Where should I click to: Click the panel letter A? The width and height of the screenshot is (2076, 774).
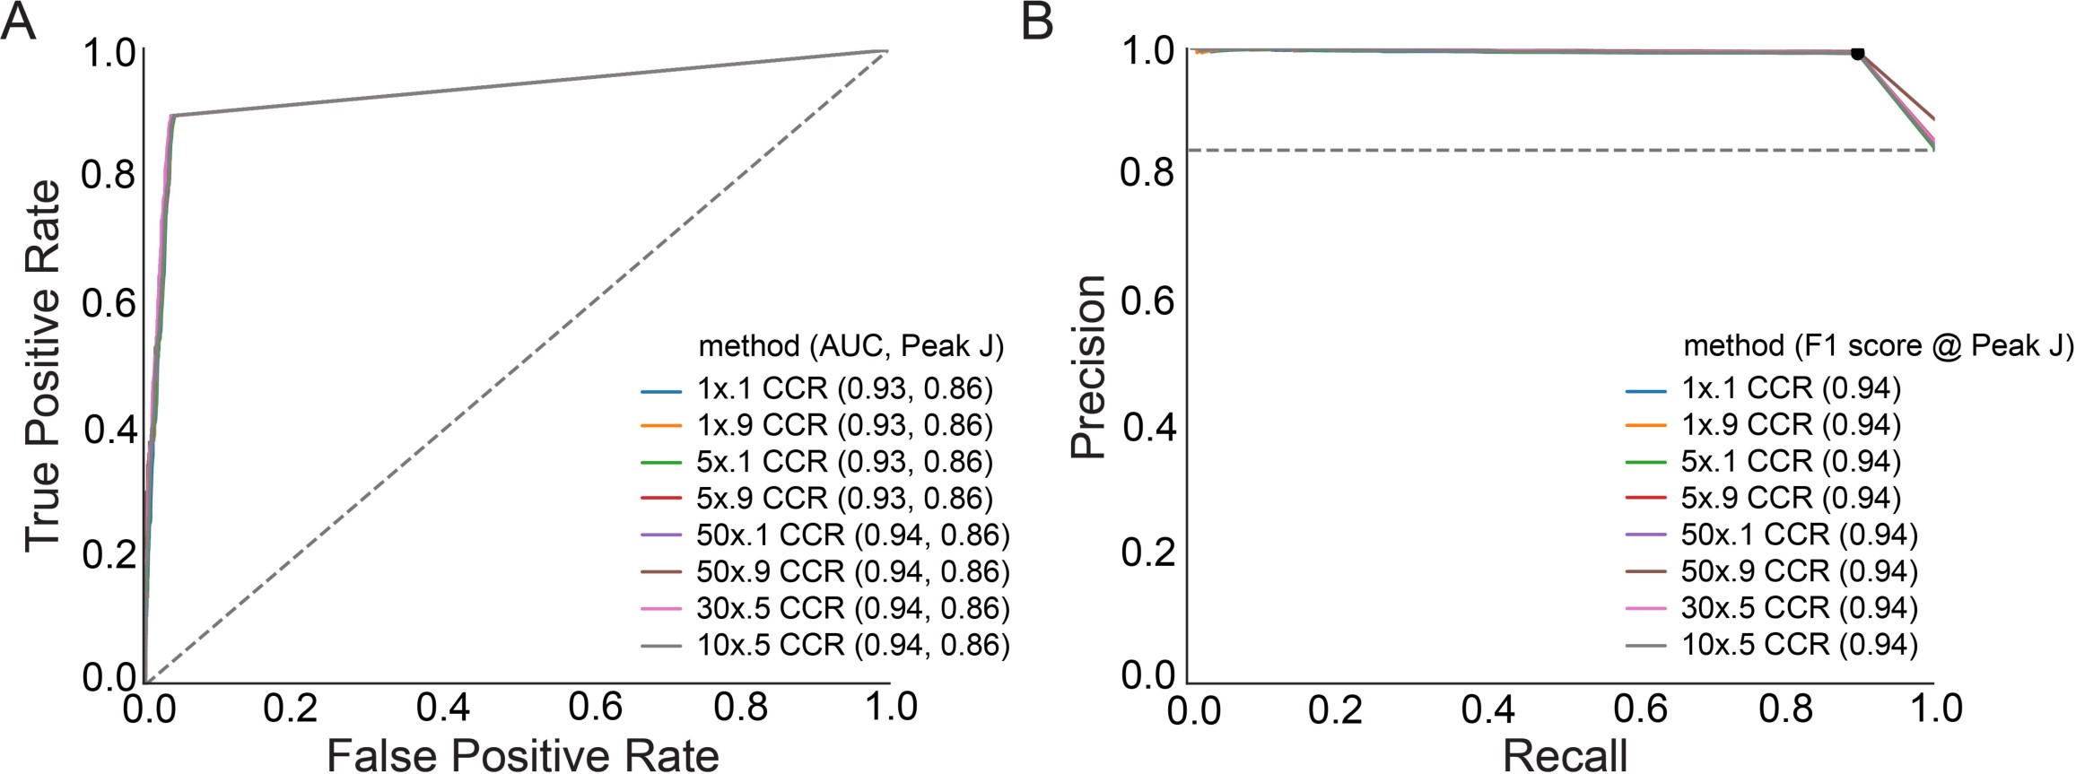pos(20,22)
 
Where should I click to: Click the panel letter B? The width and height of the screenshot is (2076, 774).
pos(1038,22)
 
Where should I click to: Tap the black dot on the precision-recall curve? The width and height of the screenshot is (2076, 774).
pos(1858,54)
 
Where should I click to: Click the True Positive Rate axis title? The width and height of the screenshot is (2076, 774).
pos(42,366)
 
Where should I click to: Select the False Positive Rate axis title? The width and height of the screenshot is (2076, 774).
pos(522,755)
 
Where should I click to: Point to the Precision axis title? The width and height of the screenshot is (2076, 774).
pos(1090,366)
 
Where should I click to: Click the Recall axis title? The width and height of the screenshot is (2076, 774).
pos(1565,755)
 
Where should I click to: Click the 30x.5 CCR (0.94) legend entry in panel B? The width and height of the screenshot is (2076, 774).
pos(1798,608)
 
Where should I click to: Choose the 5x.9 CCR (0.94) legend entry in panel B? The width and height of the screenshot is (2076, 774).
pos(1790,498)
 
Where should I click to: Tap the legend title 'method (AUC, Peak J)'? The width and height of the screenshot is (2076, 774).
pos(850,345)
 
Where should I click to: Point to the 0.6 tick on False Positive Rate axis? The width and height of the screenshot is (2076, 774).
pos(597,709)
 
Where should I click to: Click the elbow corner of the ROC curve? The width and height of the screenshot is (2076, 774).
pos(172,116)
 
